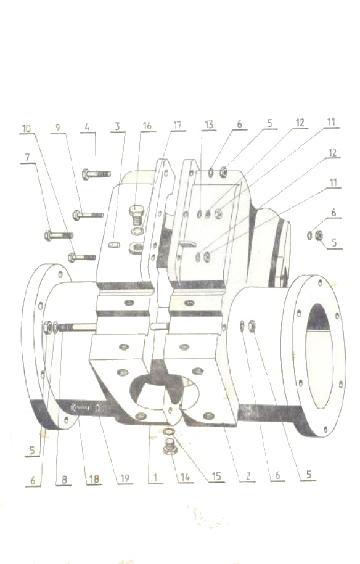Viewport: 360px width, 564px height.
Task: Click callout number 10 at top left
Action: click(x=27, y=128)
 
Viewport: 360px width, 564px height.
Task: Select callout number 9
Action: click(x=57, y=128)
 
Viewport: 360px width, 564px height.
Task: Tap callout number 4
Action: click(x=87, y=127)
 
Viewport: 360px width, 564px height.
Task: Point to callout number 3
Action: click(x=117, y=126)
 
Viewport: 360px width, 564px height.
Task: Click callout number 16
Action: click(x=147, y=126)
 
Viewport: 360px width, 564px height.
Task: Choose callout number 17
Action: click(x=178, y=125)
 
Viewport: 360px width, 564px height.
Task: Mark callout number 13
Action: click(x=209, y=125)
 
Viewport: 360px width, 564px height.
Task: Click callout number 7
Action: click(x=27, y=157)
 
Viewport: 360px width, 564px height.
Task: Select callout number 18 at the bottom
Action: click(x=94, y=479)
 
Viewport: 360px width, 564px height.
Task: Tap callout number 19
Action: click(x=125, y=478)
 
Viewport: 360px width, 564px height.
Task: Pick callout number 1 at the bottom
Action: click(x=155, y=478)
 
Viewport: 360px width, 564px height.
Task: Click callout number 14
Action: click(x=185, y=477)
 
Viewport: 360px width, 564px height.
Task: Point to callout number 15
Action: click(x=216, y=476)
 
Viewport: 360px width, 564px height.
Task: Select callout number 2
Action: click(x=248, y=476)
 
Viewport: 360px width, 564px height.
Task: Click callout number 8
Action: click(x=64, y=480)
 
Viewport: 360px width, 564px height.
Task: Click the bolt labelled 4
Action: click(x=96, y=174)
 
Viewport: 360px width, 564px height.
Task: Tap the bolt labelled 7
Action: click(x=59, y=235)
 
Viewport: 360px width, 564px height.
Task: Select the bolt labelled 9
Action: click(x=88, y=215)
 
